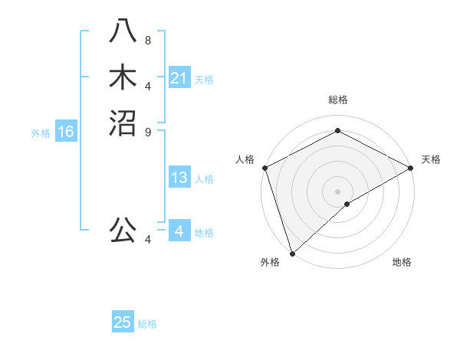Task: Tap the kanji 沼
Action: coord(123,123)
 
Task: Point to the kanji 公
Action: coord(123,230)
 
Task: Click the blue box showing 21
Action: coord(179,78)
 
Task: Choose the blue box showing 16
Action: coord(66,133)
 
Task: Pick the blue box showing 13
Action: coord(179,178)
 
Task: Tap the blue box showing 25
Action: coord(123,323)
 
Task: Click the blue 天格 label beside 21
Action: coord(204,79)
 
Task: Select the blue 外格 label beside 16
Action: coord(41,133)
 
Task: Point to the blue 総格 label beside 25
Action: coord(147,324)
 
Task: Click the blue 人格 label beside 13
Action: coord(204,179)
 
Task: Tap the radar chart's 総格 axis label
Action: coord(337,100)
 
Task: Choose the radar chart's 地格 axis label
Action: coord(402,262)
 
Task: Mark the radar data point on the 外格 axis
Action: coord(292,253)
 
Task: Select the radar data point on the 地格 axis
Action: coord(347,204)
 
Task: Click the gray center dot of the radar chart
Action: coord(337,191)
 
